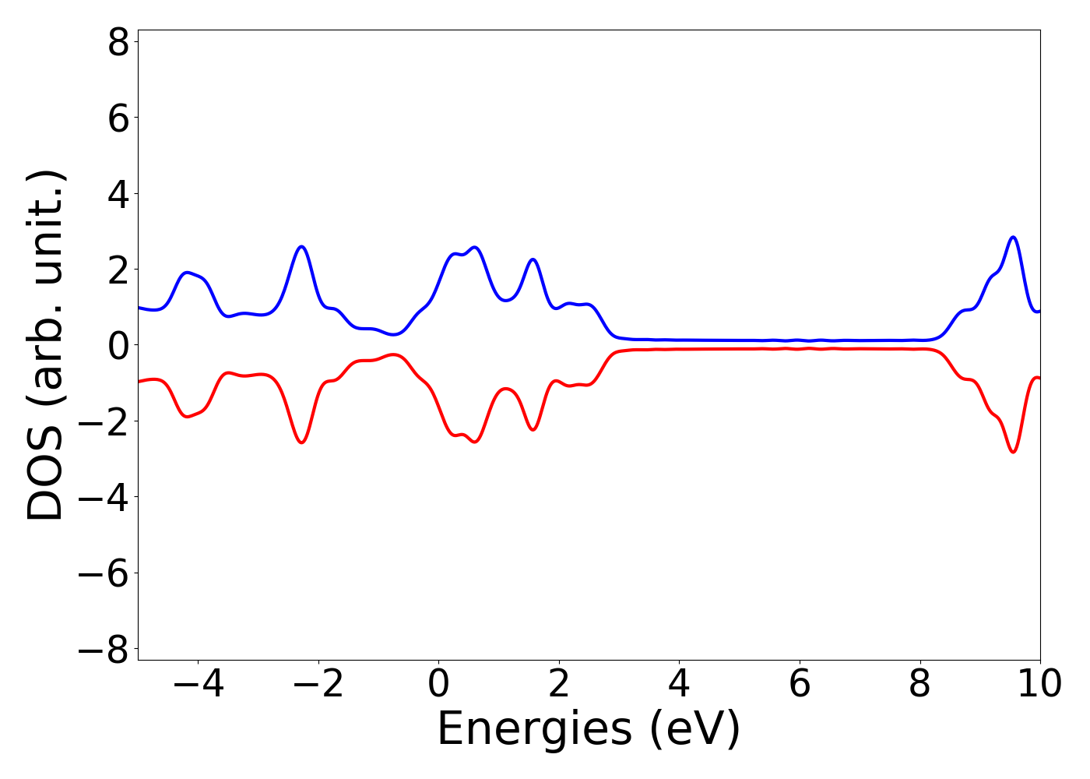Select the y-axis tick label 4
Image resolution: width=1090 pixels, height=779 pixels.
(x=118, y=194)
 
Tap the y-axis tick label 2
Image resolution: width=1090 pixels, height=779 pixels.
(x=118, y=270)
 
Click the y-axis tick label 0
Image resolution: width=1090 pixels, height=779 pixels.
(x=118, y=345)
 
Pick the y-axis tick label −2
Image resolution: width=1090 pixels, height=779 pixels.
(x=107, y=421)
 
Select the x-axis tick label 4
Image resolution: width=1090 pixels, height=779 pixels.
(x=679, y=684)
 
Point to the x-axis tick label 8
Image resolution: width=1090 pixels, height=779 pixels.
(x=919, y=684)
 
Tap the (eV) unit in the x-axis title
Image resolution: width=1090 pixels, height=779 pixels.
(x=694, y=731)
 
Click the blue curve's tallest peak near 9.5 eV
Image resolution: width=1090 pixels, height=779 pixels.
(x=1013, y=237)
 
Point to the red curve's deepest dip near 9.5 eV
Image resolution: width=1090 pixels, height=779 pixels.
(x=1013, y=452)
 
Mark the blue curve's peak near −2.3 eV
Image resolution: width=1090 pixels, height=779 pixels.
(x=301, y=246)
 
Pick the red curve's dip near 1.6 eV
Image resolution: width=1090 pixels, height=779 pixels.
(x=533, y=429)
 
